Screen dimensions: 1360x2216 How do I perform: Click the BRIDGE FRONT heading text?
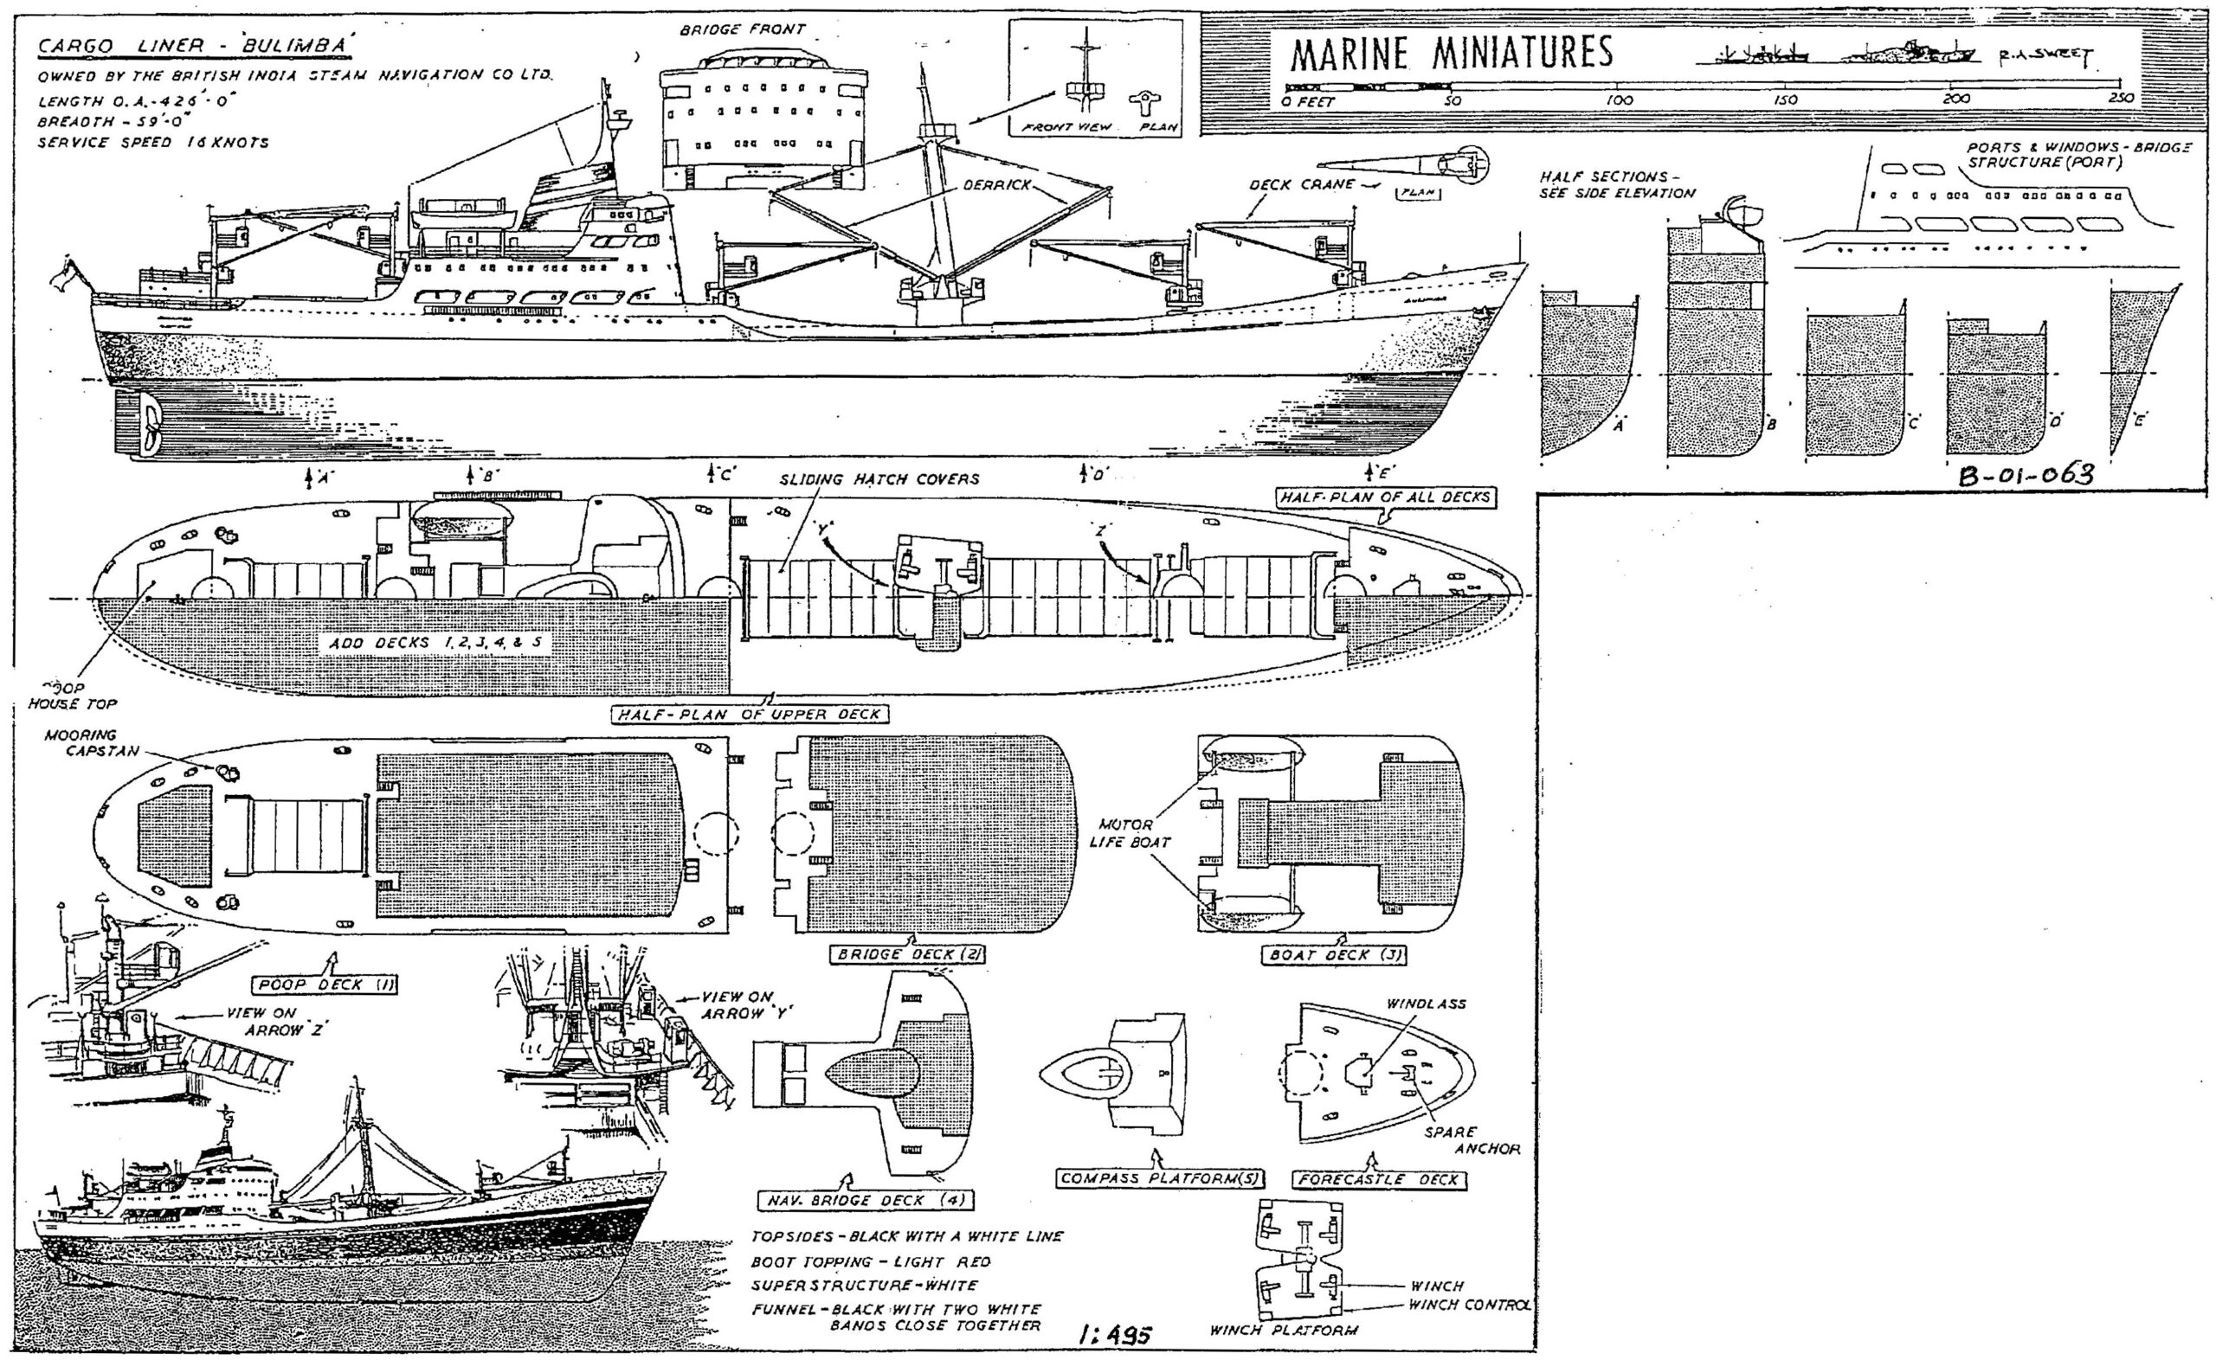(x=742, y=29)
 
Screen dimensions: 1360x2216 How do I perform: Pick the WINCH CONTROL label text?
(x=1469, y=1305)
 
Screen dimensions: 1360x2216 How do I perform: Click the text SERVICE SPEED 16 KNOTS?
(x=153, y=142)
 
